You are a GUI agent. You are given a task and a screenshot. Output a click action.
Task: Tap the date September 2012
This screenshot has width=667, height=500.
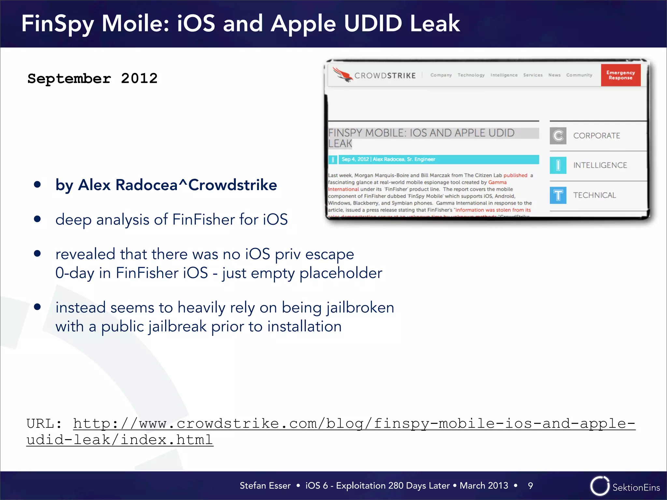click(x=92, y=78)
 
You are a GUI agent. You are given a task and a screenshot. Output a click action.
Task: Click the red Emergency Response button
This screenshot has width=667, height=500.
click(x=620, y=75)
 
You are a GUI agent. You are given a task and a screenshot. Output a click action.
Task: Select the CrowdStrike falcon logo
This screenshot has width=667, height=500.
click(x=342, y=75)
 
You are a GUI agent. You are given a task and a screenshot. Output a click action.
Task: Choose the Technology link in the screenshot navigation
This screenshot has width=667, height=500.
click(x=471, y=75)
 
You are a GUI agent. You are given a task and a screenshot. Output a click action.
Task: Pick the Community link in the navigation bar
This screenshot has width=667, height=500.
click(x=579, y=75)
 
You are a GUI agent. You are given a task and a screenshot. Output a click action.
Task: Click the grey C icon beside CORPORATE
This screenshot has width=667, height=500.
click(x=558, y=136)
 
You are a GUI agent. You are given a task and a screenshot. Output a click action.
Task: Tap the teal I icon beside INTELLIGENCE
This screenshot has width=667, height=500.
click(x=558, y=165)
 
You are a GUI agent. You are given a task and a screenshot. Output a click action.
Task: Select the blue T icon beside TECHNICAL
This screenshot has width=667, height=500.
click(x=558, y=195)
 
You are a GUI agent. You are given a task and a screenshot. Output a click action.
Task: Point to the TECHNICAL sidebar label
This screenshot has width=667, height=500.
click(x=594, y=195)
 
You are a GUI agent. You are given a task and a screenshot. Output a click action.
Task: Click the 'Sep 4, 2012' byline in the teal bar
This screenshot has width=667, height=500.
click(x=355, y=159)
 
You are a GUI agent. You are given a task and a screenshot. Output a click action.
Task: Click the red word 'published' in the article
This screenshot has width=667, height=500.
click(x=515, y=175)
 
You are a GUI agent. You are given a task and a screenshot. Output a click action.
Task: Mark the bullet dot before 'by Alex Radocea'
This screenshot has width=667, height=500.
click(x=37, y=185)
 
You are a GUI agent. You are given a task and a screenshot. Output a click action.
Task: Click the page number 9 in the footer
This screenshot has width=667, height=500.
click(x=530, y=486)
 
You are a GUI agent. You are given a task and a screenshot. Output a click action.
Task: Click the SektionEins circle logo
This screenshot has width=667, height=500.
click(x=600, y=486)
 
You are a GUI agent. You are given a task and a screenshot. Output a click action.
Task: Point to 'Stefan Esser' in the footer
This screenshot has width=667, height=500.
click(x=265, y=486)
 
